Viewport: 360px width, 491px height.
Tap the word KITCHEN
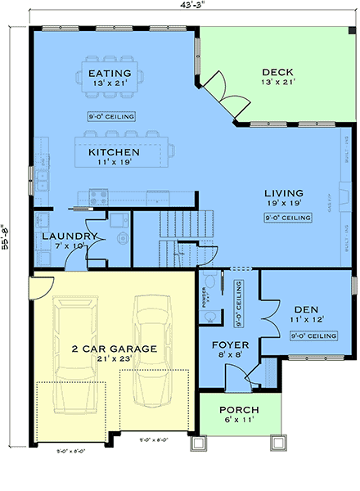click(x=114, y=152)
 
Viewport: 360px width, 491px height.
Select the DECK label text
click(x=277, y=71)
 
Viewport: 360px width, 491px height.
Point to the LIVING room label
click(x=284, y=194)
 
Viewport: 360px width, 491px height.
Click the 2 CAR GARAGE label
click(x=114, y=349)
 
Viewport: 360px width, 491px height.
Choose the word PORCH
click(x=239, y=409)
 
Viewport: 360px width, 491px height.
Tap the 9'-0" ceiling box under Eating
click(x=111, y=115)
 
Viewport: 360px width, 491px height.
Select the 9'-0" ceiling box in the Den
click(x=314, y=336)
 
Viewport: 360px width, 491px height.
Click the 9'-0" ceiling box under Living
click(x=287, y=218)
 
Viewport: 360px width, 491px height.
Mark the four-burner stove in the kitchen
click(x=97, y=196)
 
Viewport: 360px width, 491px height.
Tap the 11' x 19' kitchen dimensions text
click(x=114, y=164)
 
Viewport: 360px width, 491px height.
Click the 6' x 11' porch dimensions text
click(x=239, y=421)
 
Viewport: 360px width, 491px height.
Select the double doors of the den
click(x=263, y=313)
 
